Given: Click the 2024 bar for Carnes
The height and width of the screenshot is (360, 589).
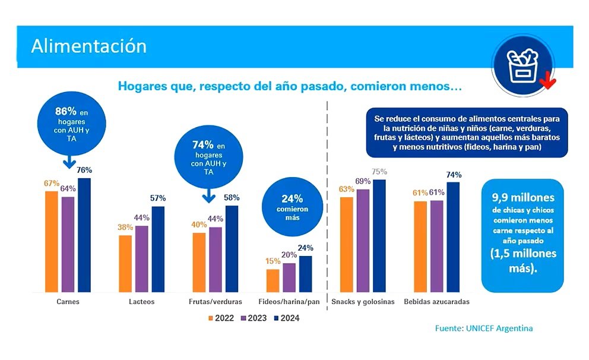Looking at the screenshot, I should pos(84,235).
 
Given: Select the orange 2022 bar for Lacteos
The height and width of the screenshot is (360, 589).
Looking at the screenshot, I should pos(125,264).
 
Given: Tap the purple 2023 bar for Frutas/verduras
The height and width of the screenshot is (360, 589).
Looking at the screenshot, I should pos(215,260).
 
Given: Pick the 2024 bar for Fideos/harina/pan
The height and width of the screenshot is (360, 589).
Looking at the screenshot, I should pos(305,274).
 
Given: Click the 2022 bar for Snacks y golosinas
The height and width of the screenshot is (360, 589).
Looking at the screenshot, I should pos(347,245).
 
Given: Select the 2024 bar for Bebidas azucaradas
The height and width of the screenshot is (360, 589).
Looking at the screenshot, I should pos(454,237).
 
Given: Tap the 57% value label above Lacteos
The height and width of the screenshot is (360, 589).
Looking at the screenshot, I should pos(158,198).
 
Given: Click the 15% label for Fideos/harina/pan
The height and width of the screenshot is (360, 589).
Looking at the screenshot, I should pos(273,261).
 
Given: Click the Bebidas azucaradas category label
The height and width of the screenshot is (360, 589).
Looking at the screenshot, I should pos(436,302).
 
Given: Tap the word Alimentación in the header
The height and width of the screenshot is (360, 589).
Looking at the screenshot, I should pos(88,46).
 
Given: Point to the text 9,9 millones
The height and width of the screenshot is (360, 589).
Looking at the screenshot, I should pos(522,197).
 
